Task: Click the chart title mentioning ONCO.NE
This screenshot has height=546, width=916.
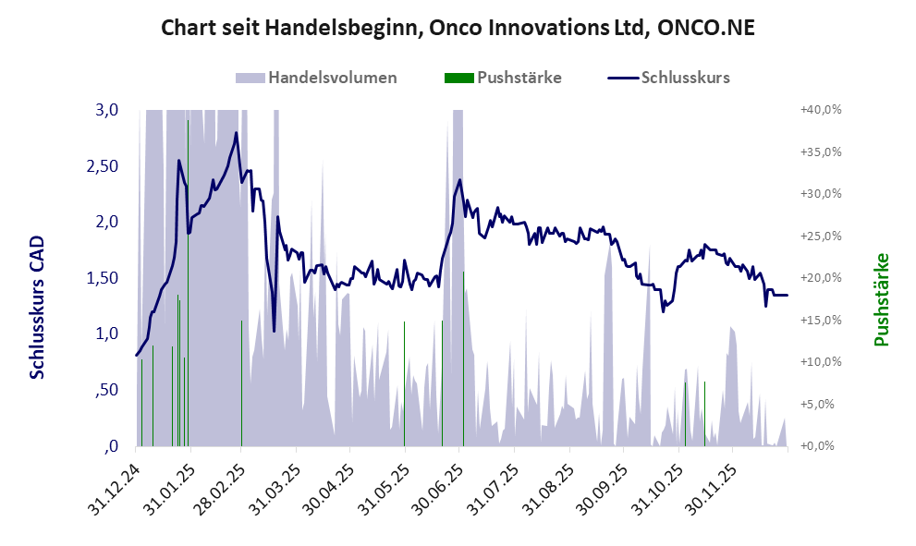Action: pyautogui.click(x=458, y=28)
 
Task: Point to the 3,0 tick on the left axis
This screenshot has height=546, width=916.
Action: pyautogui.click(x=107, y=110)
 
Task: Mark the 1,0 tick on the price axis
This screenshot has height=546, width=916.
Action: pyautogui.click(x=107, y=334)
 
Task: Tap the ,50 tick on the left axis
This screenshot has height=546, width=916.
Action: pyautogui.click(x=106, y=390)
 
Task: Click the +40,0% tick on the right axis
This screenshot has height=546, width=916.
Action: pyautogui.click(x=820, y=110)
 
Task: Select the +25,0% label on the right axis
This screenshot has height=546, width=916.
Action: pyautogui.click(x=820, y=237)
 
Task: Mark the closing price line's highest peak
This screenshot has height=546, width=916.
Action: pyautogui.click(x=236, y=133)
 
